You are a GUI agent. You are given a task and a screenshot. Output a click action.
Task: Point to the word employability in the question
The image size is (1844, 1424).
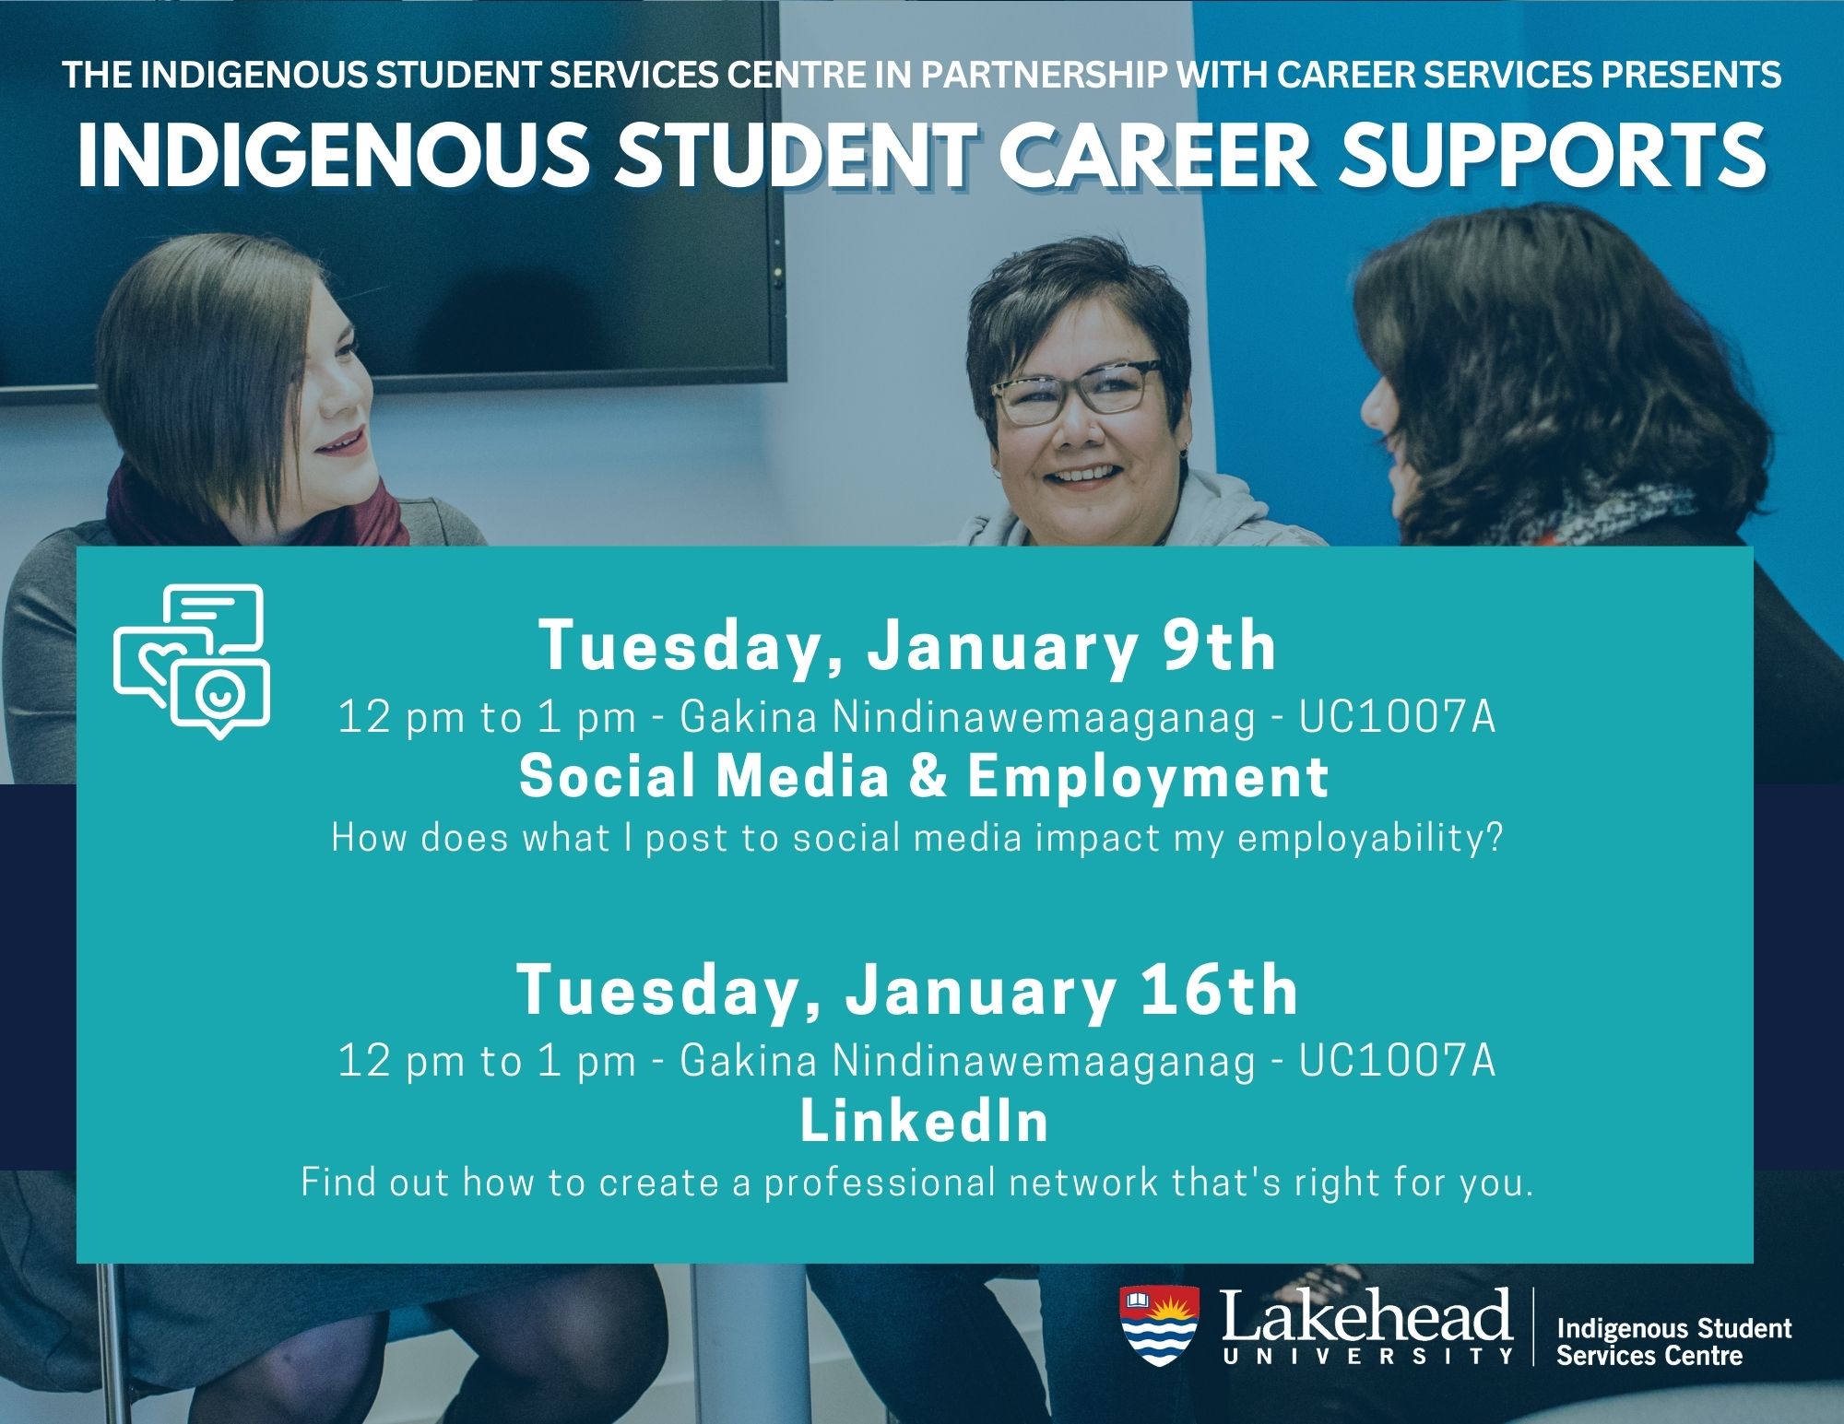click(x=1360, y=840)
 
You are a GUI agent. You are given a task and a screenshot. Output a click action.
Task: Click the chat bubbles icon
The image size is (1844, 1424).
click(x=192, y=660)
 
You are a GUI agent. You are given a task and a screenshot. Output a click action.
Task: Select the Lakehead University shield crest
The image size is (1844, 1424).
click(x=1159, y=1325)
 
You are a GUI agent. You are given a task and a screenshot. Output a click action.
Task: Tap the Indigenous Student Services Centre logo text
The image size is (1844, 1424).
click(x=1673, y=1341)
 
